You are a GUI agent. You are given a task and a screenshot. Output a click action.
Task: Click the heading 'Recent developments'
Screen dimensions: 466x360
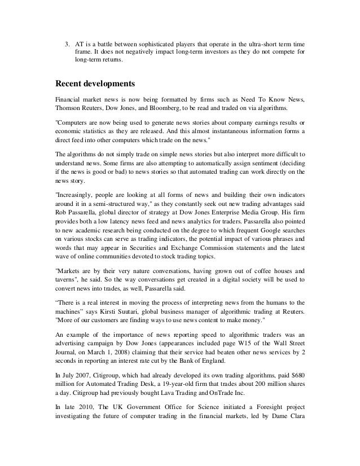[95, 85]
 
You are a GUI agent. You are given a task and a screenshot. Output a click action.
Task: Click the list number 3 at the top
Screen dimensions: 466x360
[65, 43]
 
